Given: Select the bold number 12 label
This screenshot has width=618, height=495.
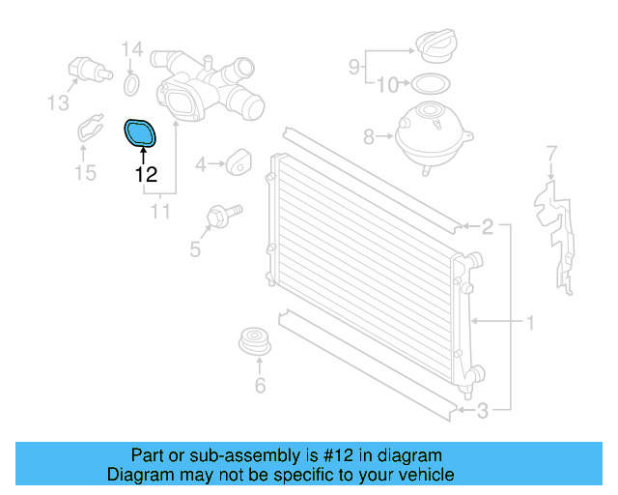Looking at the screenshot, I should pyautogui.click(x=146, y=175).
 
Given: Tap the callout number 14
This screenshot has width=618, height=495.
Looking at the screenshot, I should pyautogui.click(x=131, y=49).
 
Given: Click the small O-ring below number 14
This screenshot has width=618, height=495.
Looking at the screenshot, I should pyautogui.click(x=131, y=89).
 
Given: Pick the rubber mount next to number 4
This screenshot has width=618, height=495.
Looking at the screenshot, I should pyautogui.click(x=237, y=163).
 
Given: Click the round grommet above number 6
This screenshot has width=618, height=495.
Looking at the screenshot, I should pyautogui.click(x=256, y=343).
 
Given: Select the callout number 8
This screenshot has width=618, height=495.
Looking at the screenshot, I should pyautogui.click(x=369, y=137).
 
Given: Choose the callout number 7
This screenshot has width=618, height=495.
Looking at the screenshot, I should pyautogui.click(x=551, y=153).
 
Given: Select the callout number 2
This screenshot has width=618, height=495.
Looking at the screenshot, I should pyautogui.click(x=488, y=228).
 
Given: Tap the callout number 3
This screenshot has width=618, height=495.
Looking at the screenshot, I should pyautogui.click(x=483, y=411).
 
